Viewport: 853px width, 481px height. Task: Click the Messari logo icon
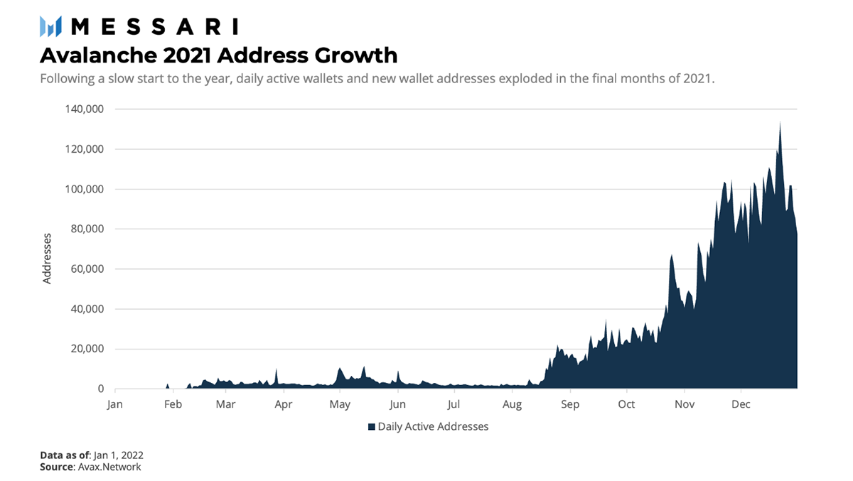click(x=52, y=27)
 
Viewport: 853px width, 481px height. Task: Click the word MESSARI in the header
click(x=155, y=27)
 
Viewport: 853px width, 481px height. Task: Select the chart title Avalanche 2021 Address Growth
click(x=218, y=55)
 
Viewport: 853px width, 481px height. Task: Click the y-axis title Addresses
click(x=47, y=258)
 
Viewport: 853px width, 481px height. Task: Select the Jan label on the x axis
click(x=114, y=405)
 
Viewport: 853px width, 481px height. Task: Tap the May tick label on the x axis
click(x=340, y=405)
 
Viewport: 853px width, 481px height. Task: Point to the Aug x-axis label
click(x=512, y=405)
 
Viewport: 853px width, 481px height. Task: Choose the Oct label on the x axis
click(x=626, y=405)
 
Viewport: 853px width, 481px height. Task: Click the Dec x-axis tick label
click(x=741, y=405)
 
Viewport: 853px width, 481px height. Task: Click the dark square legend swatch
click(x=371, y=427)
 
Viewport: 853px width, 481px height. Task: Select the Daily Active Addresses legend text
click(x=433, y=427)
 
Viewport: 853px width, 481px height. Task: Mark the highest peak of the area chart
click(x=780, y=122)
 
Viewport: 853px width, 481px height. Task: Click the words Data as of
click(x=62, y=455)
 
